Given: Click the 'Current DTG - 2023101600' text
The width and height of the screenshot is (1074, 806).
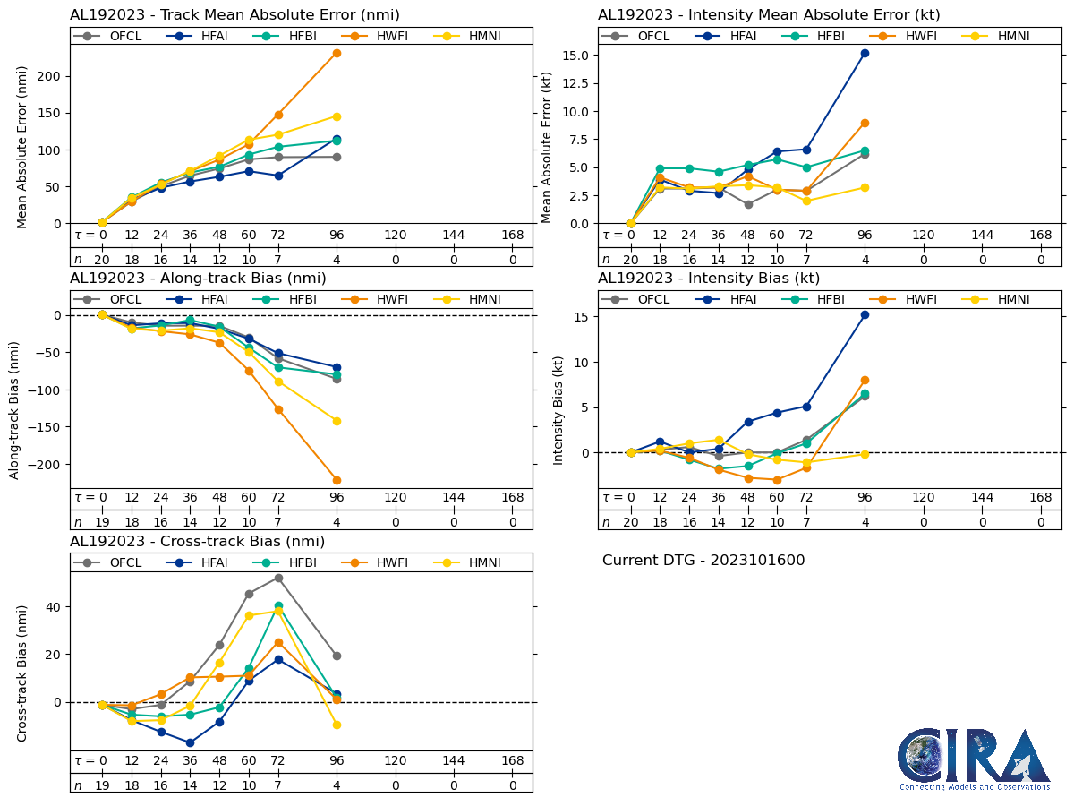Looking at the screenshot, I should tap(703, 561).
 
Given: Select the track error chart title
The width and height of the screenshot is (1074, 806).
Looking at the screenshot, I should tap(234, 14).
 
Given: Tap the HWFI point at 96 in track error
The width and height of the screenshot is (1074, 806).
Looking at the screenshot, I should tap(337, 53).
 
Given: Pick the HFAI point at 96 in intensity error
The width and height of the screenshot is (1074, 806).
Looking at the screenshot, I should tap(865, 53).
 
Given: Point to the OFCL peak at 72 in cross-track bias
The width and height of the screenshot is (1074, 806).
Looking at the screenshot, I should tap(278, 578).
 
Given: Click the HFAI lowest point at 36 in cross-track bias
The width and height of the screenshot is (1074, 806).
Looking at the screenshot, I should tap(190, 742).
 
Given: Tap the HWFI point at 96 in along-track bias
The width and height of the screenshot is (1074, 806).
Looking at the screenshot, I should tap(337, 480).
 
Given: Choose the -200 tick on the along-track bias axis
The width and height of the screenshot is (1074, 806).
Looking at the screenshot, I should tap(41, 465).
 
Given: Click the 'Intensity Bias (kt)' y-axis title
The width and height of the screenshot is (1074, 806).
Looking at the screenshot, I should tap(558, 410).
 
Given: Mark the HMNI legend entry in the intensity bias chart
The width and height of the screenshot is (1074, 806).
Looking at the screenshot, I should tap(1002, 299).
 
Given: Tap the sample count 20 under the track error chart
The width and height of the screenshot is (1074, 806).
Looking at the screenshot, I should tap(102, 260).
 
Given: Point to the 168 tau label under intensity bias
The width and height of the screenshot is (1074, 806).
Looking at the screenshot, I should tap(1040, 498).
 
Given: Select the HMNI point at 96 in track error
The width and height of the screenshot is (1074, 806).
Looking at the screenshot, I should tap(337, 116).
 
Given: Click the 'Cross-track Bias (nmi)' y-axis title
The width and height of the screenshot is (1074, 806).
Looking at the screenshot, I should tap(22, 673).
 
